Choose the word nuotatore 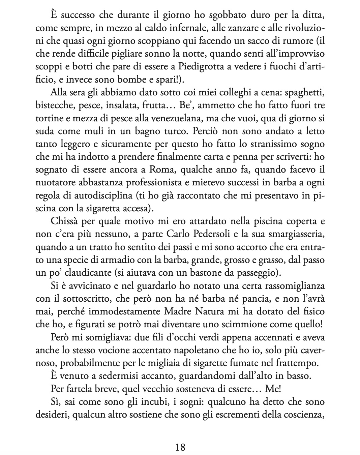[x=55, y=183]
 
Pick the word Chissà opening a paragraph [x=65, y=222]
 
